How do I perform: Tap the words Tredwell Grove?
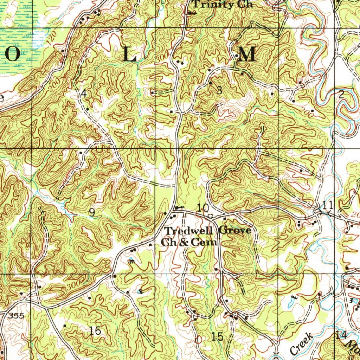pos(208,231)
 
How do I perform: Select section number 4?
pos(84,94)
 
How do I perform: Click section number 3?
pos(219,90)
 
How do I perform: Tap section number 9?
pos(92,212)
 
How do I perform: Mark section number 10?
pos(203,207)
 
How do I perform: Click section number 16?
pos(95,330)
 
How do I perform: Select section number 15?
pos(218,336)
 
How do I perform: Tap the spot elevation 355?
pos(17,316)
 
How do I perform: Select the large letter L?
pos(129,55)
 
